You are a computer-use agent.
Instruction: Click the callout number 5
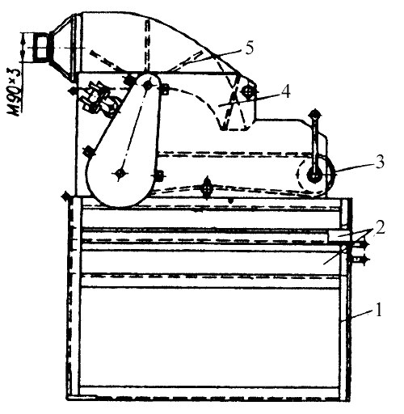(249, 49)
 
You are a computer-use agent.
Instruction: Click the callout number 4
(285, 91)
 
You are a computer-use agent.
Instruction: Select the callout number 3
(379, 163)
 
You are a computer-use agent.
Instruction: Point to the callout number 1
(379, 310)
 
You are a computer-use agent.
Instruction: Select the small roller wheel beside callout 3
(315, 176)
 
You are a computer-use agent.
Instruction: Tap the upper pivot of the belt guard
(148, 86)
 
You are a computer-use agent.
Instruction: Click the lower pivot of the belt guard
(120, 173)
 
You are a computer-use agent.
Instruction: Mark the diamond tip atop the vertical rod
(315, 115)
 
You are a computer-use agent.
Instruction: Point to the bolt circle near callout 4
(248, 91)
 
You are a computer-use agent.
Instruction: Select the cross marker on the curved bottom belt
(207, 188)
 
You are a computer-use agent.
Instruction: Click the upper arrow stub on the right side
(360, 245)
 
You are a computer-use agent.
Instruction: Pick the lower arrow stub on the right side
(360, 260)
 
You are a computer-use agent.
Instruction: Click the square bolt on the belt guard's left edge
(89, 151)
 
